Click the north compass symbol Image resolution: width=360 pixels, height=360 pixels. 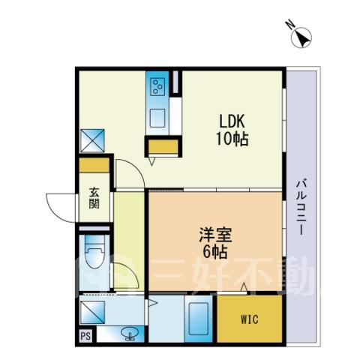[x=301, y=37]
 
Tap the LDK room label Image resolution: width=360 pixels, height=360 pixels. [x=232, y=121]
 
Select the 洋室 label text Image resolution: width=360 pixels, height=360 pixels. [x=215, y=235]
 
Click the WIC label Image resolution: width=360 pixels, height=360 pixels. [x=250, y=319]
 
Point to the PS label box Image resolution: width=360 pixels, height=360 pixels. [x=85, y=336]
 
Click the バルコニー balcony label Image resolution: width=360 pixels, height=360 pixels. [x=301, y=206]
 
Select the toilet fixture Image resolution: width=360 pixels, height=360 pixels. [x=94, y=252]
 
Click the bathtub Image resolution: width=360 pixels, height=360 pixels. [x=199, y=319]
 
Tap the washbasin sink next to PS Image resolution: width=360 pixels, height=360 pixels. [x=130, y=334]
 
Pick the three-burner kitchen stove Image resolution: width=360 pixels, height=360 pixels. [x=158, y=86]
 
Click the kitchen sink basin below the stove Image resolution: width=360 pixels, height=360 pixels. [x=157, y=118]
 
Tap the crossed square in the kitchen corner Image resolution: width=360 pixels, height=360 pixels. [x=92, y=140]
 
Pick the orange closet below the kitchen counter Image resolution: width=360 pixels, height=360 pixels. [x=163, y=146]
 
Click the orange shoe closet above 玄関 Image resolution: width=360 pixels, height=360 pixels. [x=94, y=165]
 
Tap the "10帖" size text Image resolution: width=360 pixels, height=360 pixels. [x=232, y=139]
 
